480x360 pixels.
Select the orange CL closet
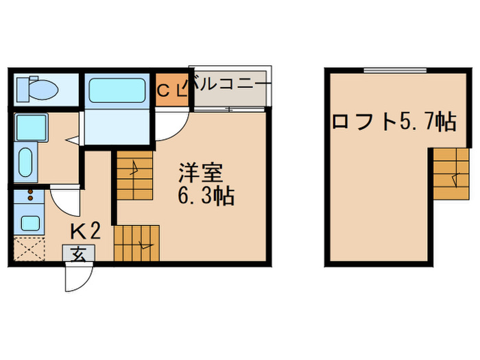(x=170, y=90)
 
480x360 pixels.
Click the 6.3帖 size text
(x=206, y=197)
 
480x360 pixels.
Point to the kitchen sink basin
(x=29, y=223)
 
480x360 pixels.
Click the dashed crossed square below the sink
(x=29, y=249)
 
